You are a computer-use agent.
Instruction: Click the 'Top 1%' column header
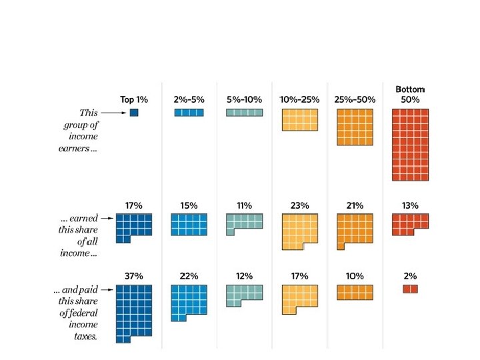coord(134,99)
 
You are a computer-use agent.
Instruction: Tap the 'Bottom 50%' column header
coord(410,94)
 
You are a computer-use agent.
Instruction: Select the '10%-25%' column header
coord(299,99)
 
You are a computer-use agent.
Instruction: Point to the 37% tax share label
coord(134,276)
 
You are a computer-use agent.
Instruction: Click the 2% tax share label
coord(410,276)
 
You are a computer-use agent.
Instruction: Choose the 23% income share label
coord(299,206)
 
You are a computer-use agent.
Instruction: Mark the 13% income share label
coord(410,206)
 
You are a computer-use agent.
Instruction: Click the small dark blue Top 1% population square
coord(134,113)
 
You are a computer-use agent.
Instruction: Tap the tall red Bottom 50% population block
coord(410,144)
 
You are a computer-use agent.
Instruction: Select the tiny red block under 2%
coord(410,289)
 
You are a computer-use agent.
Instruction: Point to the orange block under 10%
coord(355,292)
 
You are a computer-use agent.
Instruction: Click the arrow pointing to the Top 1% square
coord(113,113)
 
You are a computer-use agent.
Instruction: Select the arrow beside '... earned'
coord(107,217)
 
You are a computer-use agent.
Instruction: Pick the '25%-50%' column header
coord(355,99)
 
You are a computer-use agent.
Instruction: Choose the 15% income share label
coord(189,206)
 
